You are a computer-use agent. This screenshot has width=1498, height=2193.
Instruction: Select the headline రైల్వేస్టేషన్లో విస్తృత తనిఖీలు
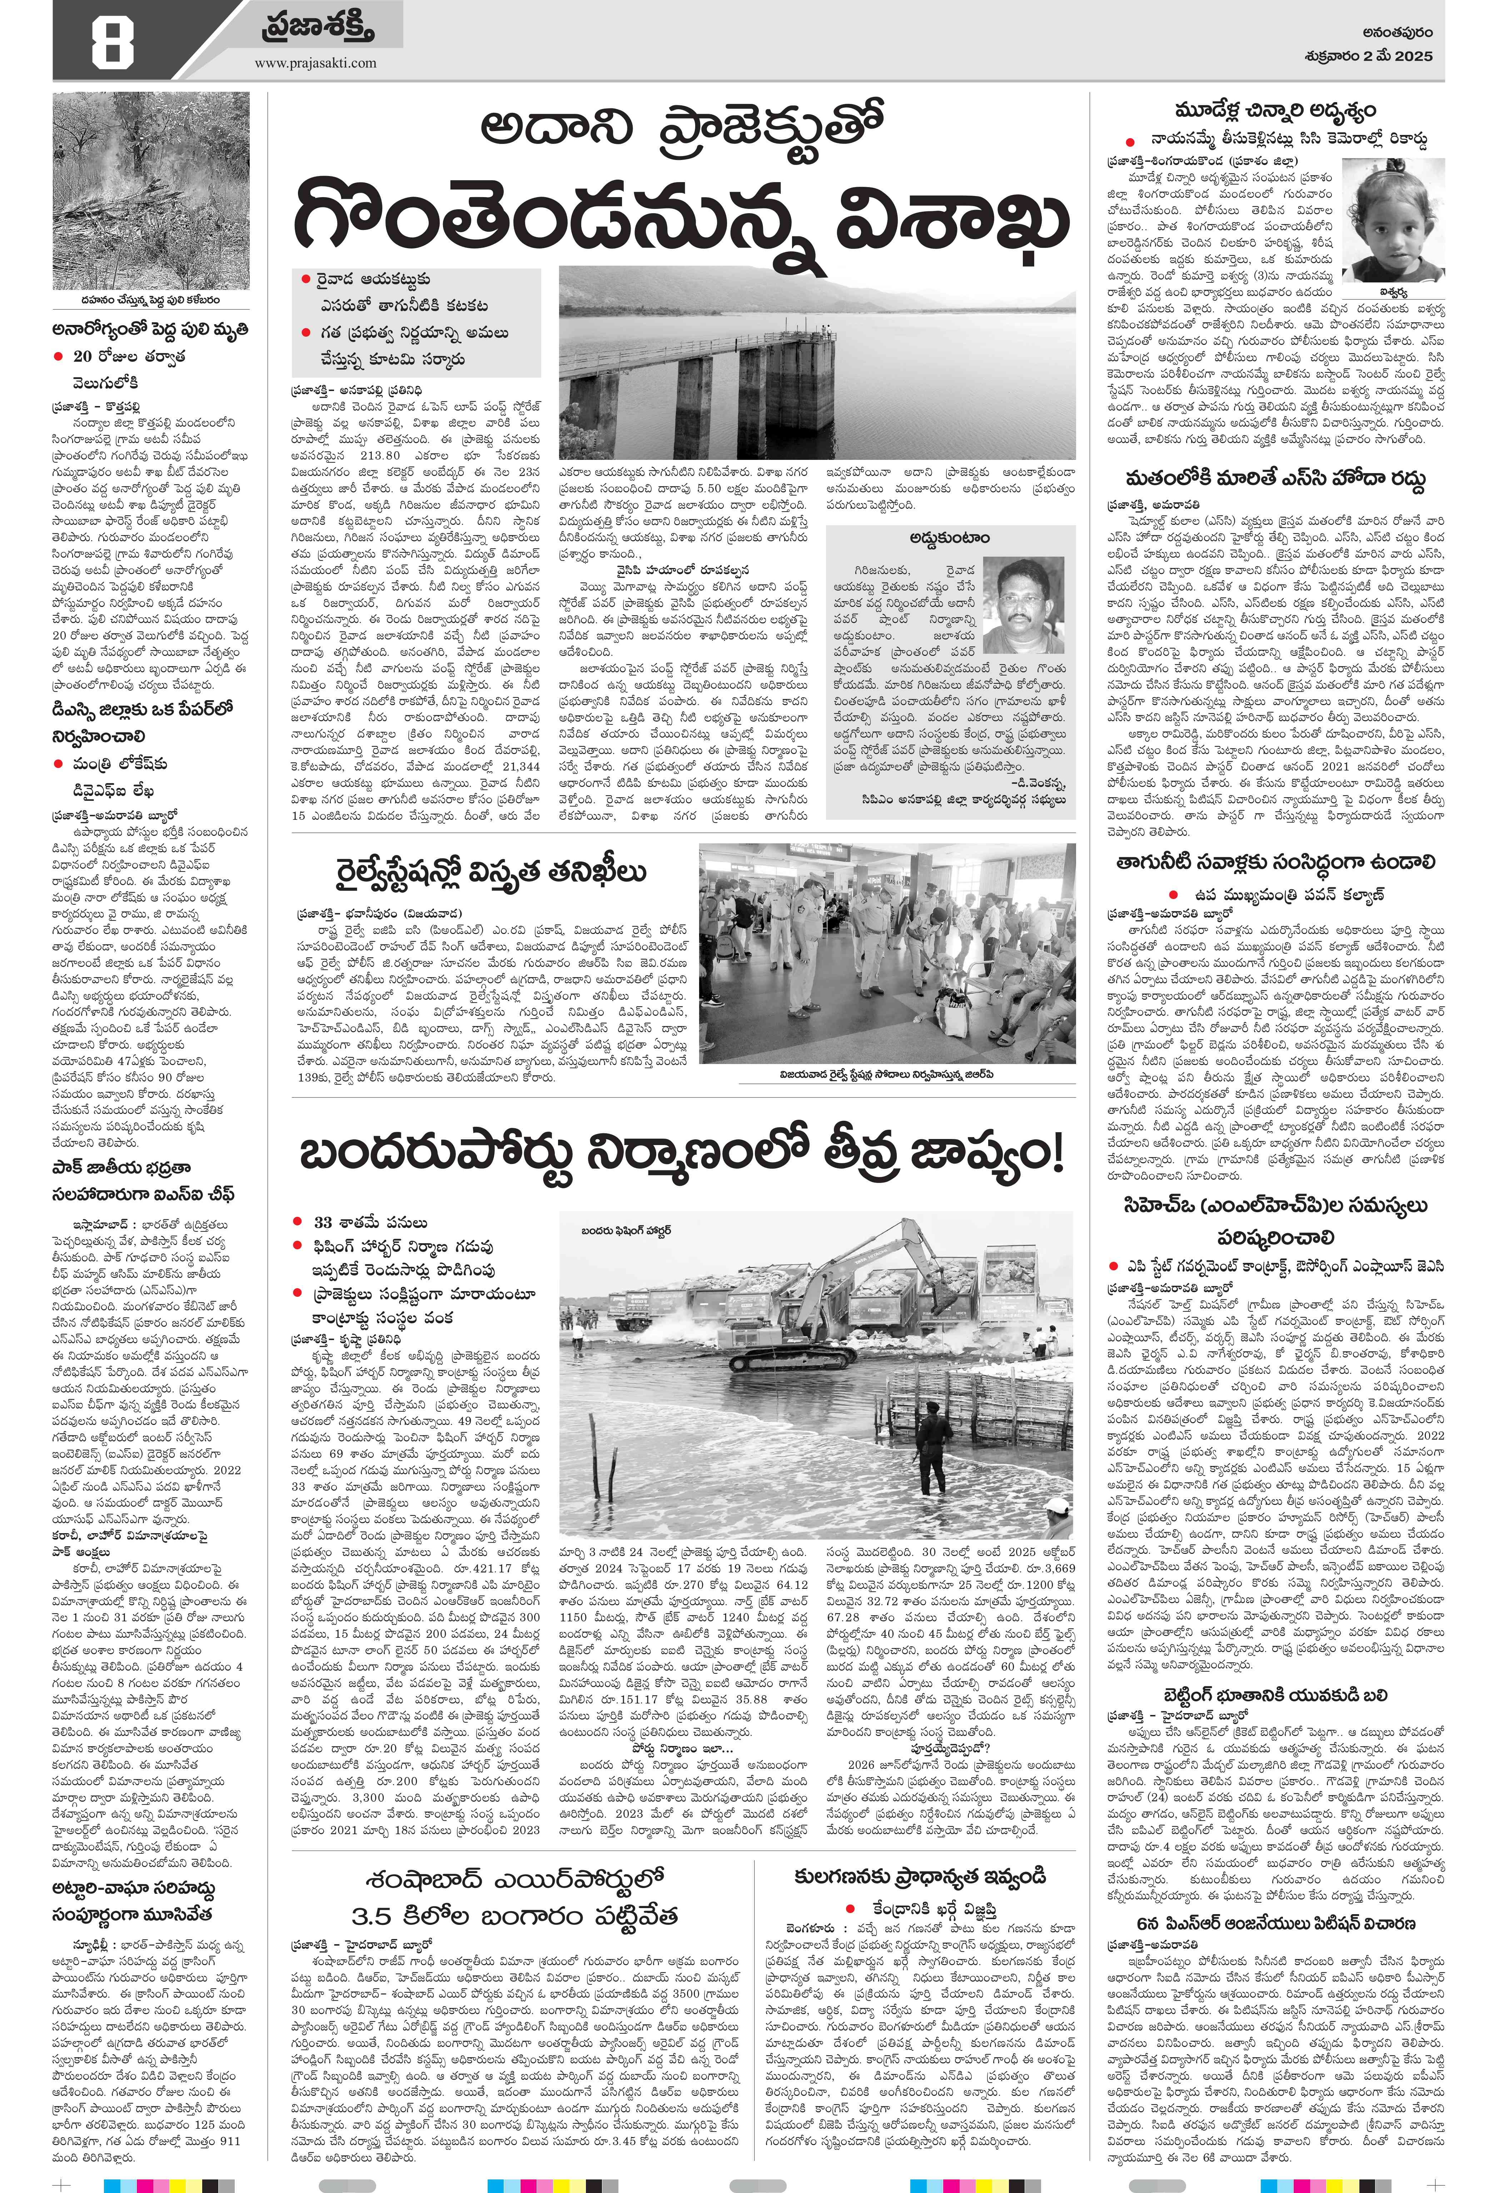[491, 873]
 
